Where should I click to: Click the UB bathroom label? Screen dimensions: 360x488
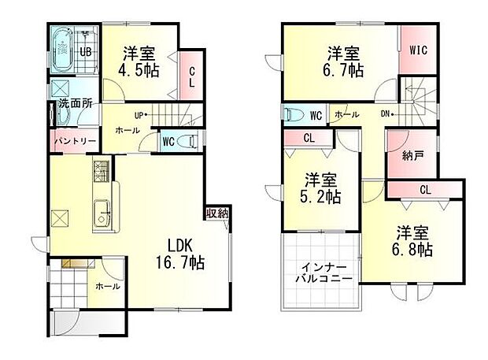[x=87, y=52]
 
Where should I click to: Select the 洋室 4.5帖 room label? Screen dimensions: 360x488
[x=137, y=61]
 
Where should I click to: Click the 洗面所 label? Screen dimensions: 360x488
[x=72, y=102]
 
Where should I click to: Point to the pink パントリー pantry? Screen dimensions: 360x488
[x=74, y=142]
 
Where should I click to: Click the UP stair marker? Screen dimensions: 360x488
[x=139, y=115]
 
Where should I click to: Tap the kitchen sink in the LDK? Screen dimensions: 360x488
[x=102, y=213]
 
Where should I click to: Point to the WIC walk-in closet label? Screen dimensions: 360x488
[x=417, y=50]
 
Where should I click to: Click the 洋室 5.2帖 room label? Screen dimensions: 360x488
[x=321, y=187]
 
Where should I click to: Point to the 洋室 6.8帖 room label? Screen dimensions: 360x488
[x=412, y=241]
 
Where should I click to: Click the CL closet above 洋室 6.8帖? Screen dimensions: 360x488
[x=424, y=189]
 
